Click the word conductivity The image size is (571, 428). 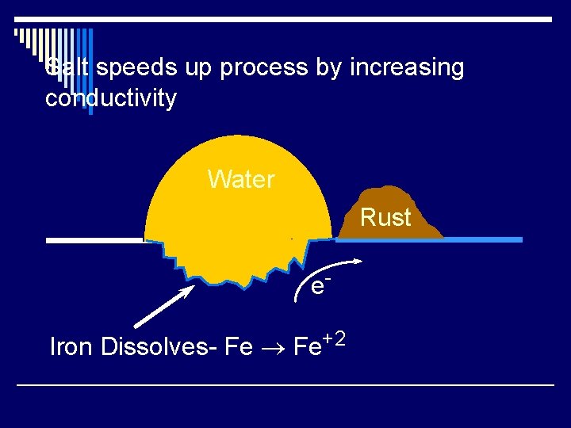[x=111, y=99]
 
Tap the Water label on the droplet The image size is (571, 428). [x=241, y=180]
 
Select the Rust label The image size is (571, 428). [x=386, y=217]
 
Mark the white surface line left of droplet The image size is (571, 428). [x=94, y=240]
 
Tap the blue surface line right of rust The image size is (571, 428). [x=484, y=239]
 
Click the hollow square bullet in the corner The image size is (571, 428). [x=18, y=34]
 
